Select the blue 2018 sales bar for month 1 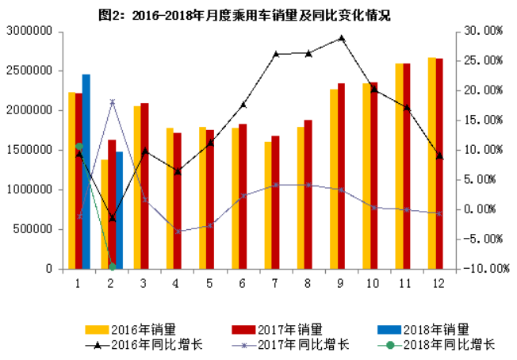(86, 171)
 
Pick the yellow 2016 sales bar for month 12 (431, 163)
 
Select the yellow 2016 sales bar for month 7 (268, 205)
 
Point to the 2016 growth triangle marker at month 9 (341, 37)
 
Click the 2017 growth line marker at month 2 (112, 102)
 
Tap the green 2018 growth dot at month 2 (112, 266)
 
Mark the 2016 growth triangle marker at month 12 (439, 156)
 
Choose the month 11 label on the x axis (406, 282)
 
